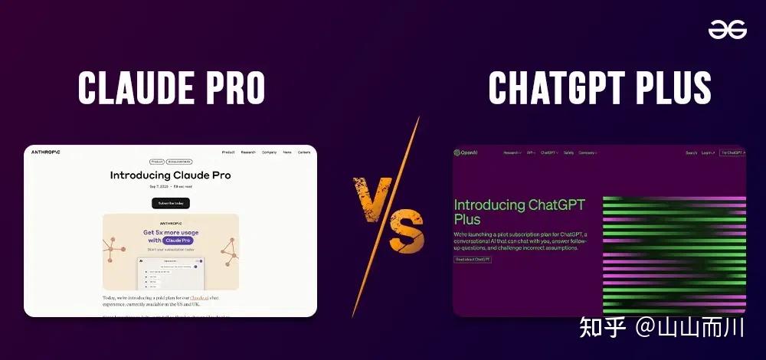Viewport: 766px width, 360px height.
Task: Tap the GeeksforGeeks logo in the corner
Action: click(726, 29)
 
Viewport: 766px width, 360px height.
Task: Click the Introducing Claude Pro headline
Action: click(170, 175)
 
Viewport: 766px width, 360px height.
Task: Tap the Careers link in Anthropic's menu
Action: click(304, 152)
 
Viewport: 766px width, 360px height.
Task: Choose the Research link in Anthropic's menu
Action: click(248, 152)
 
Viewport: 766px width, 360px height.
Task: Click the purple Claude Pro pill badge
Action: click(178, 241)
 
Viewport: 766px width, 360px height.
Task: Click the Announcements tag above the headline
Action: click(180, 162)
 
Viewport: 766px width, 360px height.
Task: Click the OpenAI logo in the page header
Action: click(465, 152)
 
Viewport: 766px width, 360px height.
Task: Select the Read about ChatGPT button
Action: click(473, 259)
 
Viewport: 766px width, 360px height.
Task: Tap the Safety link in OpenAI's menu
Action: click(568, 152)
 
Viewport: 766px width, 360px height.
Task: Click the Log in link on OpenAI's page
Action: click(707, 152)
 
